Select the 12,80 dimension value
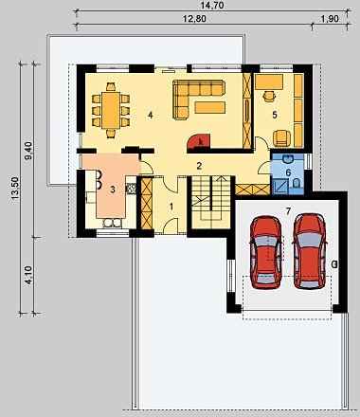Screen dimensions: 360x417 pos(195,19)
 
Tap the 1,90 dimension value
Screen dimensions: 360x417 pos(330,19)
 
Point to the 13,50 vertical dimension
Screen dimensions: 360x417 pos(15,189)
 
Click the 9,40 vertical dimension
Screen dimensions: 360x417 pos(28,151)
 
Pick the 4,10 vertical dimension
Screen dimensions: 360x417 pos(28,275)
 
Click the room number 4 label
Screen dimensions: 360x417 pos(151,116)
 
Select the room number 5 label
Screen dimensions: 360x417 pos(275,115)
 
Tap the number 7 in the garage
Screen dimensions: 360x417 pos(288,211)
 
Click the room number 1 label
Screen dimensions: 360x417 pos(171,207)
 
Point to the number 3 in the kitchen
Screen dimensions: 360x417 pos(113,190)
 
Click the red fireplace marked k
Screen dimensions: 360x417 pos(199,141)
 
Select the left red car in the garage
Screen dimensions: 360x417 pos(265,252)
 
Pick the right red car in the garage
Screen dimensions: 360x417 pos(309,251)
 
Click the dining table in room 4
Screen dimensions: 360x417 pos(111,110)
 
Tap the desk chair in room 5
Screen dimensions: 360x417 pos(269,96)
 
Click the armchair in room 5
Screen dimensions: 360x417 pos(281,138)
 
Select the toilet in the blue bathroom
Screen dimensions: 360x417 pos(297,184)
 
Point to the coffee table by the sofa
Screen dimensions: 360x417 pos(210,107)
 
